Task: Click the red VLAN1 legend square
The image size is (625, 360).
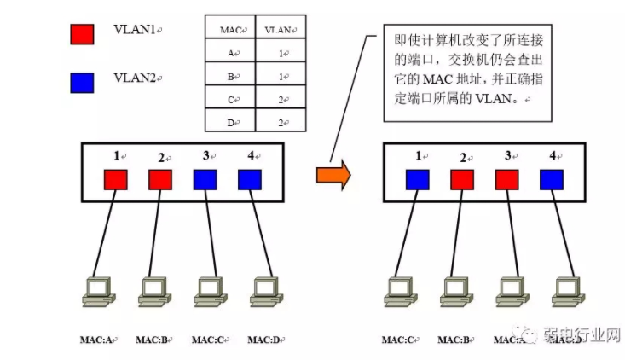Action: [x=82, y=33]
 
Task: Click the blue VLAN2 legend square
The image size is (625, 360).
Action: [x=82, y=82]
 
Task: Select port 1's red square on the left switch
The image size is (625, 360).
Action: [x=115, y=180]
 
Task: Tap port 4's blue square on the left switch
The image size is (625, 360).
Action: [x=249, y=180]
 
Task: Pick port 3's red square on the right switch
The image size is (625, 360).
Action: [x=507, y=180]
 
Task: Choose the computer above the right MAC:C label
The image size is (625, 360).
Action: [x=398, y=290]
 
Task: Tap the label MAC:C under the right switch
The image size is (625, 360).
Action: [x=398, y=340]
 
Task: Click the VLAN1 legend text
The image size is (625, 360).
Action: [x=134, y=30]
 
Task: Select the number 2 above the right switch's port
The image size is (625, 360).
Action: [x=462, y=158]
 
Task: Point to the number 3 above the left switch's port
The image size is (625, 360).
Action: [x=205, y=156]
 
